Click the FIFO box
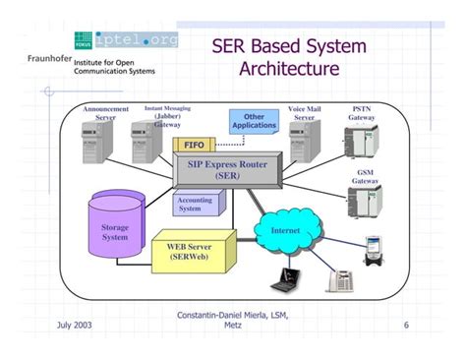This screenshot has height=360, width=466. click(x=193, y=146)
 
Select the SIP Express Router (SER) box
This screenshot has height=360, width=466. click(x=227, y=169)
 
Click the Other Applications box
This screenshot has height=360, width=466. click(x=255, y=121)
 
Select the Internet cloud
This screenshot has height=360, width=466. click(x=277, y=231)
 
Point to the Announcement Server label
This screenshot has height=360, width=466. click(x=105, y=112)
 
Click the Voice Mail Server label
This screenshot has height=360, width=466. click(x=304, y=112)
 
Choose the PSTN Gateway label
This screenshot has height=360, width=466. click(x=362, y=112)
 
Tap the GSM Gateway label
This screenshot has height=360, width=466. click(x=365, y=177)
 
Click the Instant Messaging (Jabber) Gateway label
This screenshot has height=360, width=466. click(x=167, y=116)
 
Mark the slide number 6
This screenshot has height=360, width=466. click(x=406, y=325)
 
